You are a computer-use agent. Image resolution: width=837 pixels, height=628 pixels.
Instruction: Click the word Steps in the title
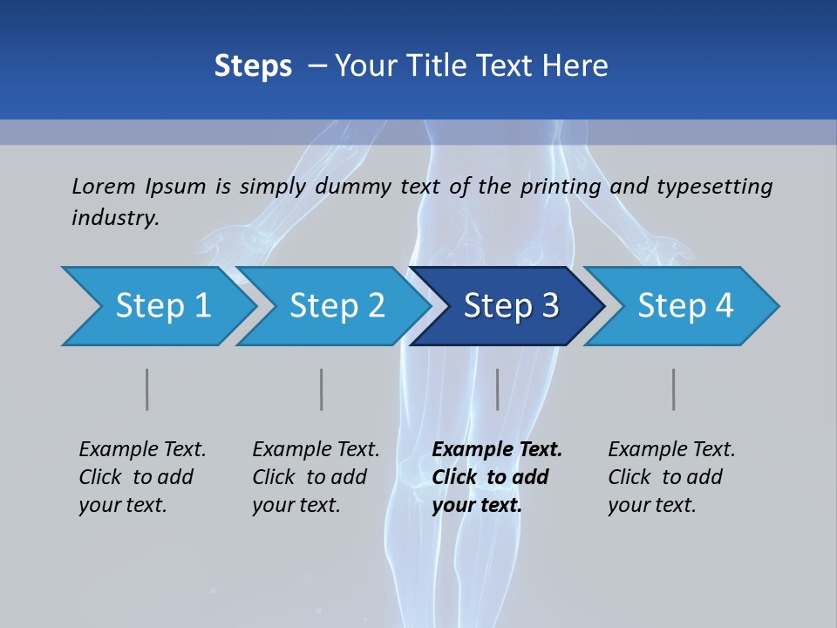253,66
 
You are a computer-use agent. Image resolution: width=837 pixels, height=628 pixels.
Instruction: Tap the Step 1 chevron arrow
162,306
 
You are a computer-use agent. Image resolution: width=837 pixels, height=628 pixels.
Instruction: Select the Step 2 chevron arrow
337,306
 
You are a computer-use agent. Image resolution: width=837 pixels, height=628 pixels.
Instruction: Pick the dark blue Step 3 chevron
511,306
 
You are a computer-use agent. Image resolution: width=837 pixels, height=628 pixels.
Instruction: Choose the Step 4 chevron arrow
685,306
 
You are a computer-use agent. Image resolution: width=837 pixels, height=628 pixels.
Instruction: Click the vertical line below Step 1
147,389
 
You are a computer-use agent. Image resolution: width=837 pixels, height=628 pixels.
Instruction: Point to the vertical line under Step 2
322,389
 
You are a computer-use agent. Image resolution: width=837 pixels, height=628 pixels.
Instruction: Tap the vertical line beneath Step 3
498,389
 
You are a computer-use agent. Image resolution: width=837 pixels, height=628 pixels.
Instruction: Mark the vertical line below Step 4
674,389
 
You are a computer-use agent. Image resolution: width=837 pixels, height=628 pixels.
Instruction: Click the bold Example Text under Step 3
497,477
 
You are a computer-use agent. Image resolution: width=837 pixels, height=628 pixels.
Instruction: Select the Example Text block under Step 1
142,477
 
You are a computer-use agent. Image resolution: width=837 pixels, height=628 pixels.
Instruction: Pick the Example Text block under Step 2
316,477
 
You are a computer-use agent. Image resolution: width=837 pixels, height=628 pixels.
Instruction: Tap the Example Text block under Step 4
671,477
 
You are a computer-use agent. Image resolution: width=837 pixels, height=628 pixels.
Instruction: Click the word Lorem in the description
104,187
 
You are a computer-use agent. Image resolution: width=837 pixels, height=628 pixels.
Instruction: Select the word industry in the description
114,218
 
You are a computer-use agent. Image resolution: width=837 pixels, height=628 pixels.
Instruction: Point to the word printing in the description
561,187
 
